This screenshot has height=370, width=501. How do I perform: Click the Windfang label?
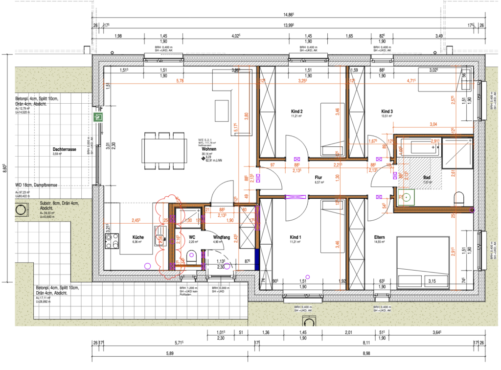pyautogui.click(x=222, y=237)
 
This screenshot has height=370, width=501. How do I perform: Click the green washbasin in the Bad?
pyautogui.click(x=403, y=197)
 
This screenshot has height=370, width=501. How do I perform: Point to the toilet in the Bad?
pyautogui.click(x=459, y=198)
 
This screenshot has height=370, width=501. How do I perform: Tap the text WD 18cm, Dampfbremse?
pyautogui.click(x=36, y=185)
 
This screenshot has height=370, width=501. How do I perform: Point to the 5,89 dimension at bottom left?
pyautogui.click(x=169, y=353)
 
